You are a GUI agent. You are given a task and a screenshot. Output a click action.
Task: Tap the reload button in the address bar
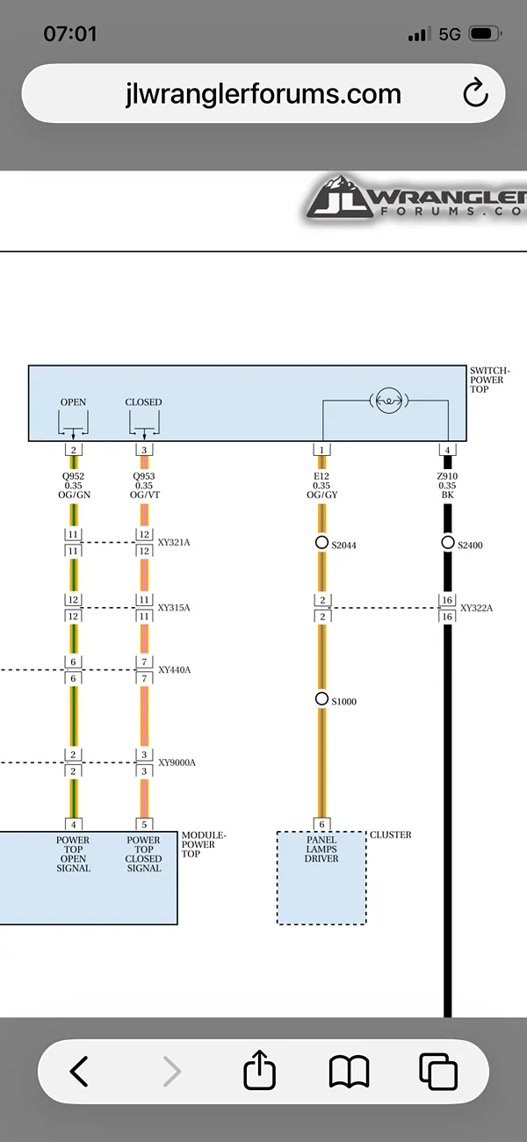click(x=475, y=92)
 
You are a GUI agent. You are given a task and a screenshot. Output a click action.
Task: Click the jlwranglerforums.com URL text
click(x=263, y=94)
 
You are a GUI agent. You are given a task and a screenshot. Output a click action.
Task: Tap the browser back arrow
click(x=79, y=1071)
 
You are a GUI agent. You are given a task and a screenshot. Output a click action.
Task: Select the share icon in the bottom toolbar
click(x=259, y=1069)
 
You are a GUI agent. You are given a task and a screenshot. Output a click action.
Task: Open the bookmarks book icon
click(x=349, y=1071)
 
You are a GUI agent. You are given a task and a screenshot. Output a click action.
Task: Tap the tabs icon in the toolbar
click(x=437, y=1071)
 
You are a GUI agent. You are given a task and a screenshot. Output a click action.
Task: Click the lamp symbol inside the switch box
click(x=389, y=401)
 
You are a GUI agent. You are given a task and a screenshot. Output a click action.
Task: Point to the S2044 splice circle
click(x=321, y=543)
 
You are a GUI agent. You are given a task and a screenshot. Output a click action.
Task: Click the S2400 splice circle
click(x=447, y=543)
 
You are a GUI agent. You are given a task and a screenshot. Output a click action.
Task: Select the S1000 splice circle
click(x=321, y=698)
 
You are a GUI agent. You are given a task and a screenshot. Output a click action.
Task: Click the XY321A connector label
click(x=174, y=543)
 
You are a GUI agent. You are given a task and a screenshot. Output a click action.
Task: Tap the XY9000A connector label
click(x=177, y=763)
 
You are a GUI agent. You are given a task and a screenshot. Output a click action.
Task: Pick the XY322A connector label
click(x=477, y=608)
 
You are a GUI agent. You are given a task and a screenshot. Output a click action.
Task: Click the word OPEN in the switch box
click(x=74, y=402)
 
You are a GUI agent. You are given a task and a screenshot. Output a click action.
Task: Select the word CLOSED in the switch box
click(x=144, y=402)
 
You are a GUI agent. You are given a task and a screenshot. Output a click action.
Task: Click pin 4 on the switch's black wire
click(x=447, y=450)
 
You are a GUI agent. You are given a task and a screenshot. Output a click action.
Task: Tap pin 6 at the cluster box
click(x=321, y=824)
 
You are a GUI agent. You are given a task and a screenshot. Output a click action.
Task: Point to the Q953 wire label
click(x=144, y=476)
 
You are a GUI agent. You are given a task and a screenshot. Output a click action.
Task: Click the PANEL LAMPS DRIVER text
click(x=321, y=849)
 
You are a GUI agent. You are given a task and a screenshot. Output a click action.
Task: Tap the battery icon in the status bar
click(x=485, y=34)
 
